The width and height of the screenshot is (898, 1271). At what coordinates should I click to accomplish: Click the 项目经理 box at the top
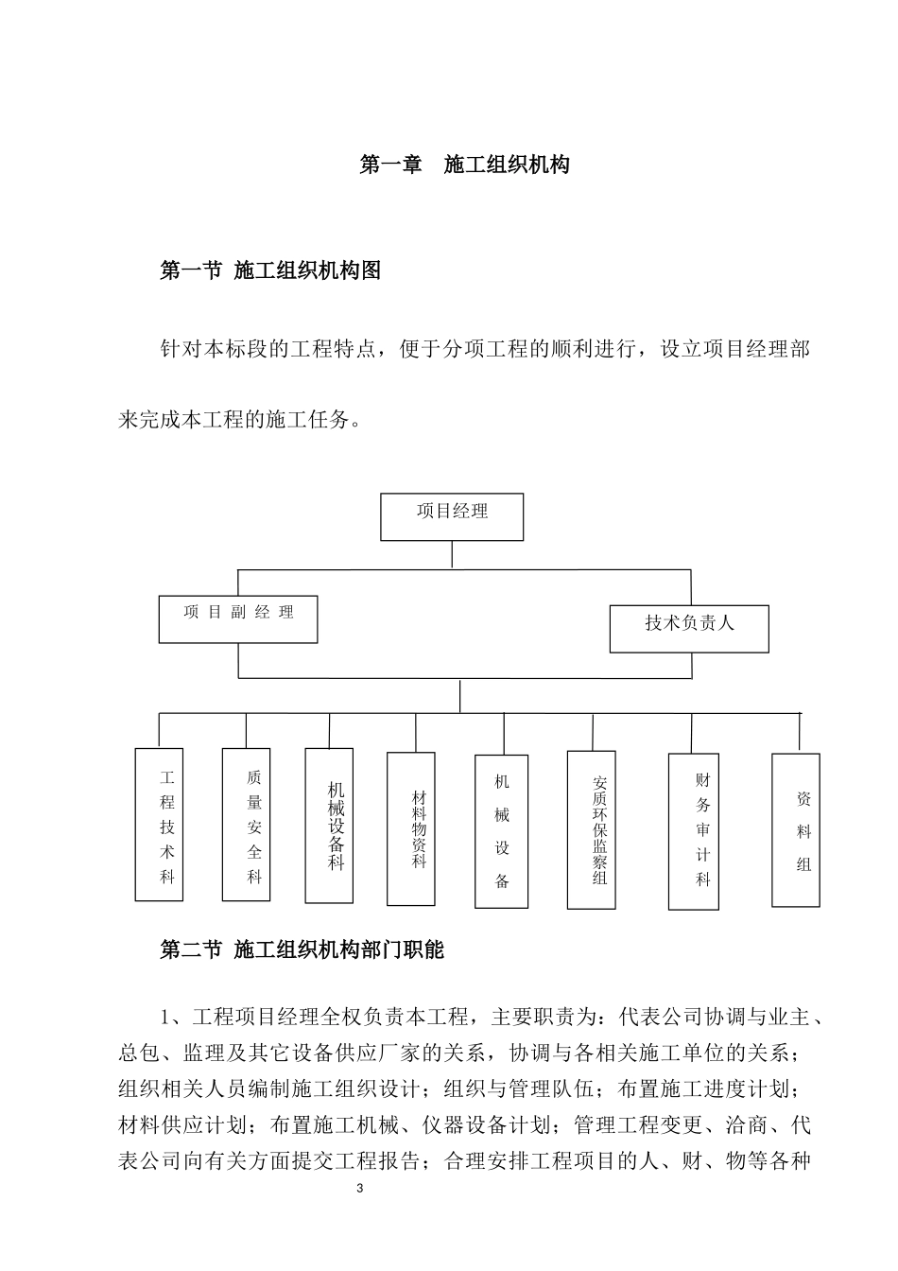[x=452, y=516]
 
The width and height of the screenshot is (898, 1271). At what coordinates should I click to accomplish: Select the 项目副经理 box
[x=238, y=618]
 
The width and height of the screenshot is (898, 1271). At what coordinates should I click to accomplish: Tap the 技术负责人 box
[x=689, y=629]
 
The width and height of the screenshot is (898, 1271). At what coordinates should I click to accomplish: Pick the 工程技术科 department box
[x=159, y=824]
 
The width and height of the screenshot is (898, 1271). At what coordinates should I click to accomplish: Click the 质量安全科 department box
[x=246, y=824]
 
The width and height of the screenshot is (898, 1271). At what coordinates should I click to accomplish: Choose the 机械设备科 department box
[x=329, y=825]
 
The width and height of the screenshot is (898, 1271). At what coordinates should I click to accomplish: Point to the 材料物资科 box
[x=411, y=828]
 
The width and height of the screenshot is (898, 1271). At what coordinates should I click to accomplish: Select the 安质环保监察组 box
[x=592, y=829]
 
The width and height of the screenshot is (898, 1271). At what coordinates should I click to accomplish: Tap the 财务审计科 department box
[x=693, y=831]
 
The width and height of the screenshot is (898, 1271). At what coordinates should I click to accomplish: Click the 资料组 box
[x=796, y=830]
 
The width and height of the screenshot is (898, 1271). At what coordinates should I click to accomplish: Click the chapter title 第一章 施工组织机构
[x=465, y=165]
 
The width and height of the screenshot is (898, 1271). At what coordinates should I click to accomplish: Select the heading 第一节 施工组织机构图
[x=271, y=270]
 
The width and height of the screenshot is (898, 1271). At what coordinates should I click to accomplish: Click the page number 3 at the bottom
[x=359, y=1190]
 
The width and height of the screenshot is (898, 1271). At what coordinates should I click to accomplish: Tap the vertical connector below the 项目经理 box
[x=453, y=555]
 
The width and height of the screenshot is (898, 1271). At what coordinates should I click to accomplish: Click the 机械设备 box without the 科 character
[x=501, y=831]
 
